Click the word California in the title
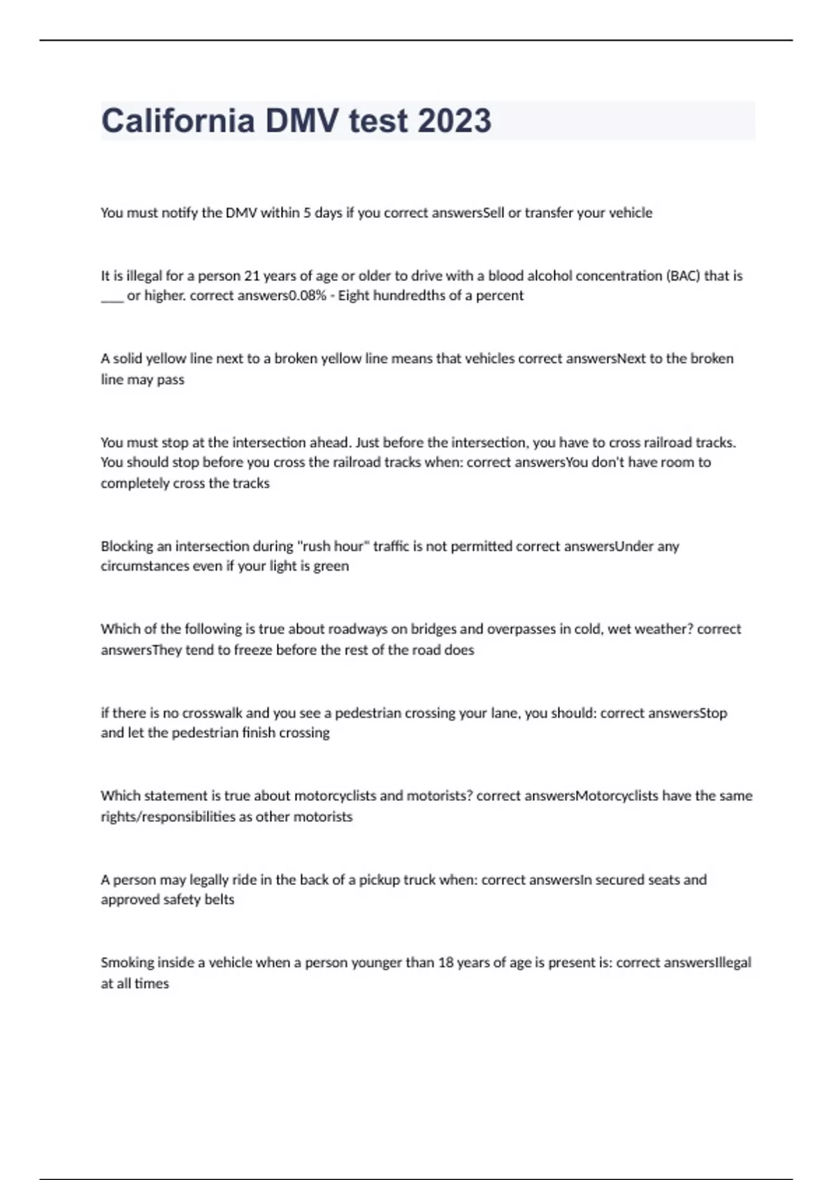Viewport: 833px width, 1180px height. point(178,121)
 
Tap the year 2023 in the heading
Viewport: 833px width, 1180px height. point(455,121)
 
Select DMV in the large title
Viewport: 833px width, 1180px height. point(303,121)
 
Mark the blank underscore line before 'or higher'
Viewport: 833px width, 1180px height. point(112,297)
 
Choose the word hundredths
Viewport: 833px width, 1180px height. point(421,296)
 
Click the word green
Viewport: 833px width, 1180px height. point(331,566)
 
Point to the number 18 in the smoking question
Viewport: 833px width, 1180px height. point(446,963)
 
